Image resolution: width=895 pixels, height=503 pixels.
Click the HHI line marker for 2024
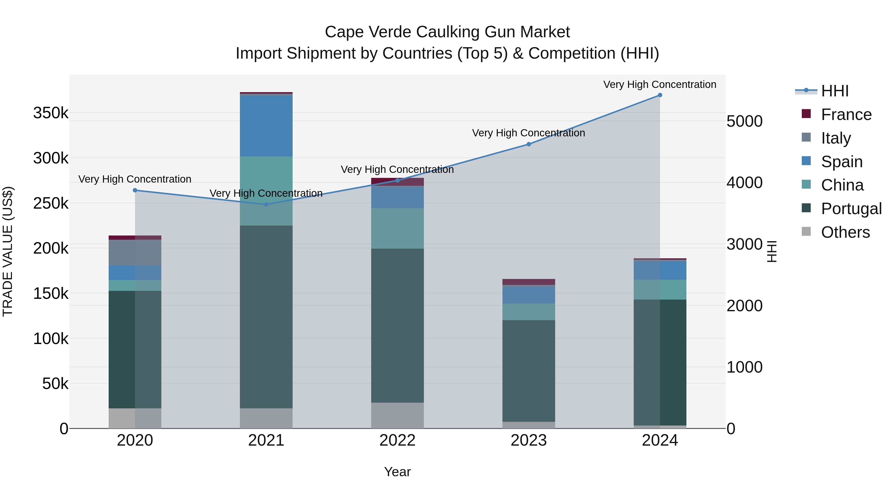pos(660,95)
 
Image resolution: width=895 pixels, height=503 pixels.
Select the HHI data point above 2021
pos(266,204)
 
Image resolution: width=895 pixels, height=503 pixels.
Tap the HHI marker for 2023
pos(529,144)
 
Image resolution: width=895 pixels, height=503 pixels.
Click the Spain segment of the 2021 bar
pos(266,126)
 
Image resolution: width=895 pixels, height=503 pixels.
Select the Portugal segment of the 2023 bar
pos(529,371)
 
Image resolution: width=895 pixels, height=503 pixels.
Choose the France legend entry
pos(846,115)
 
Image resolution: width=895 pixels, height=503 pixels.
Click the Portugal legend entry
pos(851,209)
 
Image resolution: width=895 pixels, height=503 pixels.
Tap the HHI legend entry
pos(835,91)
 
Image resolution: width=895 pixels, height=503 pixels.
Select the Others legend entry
pos(845,232)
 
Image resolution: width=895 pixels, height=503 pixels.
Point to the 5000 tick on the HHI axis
pos(744,121)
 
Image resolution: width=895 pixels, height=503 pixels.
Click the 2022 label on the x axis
pos(398,440)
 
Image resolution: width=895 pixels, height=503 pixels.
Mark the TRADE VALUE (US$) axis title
pos(8,251)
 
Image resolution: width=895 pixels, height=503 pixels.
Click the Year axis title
pos(398,472)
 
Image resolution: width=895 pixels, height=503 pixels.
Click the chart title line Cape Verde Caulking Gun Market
pos(447,32)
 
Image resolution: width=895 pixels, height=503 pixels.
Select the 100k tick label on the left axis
pos(51,339)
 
